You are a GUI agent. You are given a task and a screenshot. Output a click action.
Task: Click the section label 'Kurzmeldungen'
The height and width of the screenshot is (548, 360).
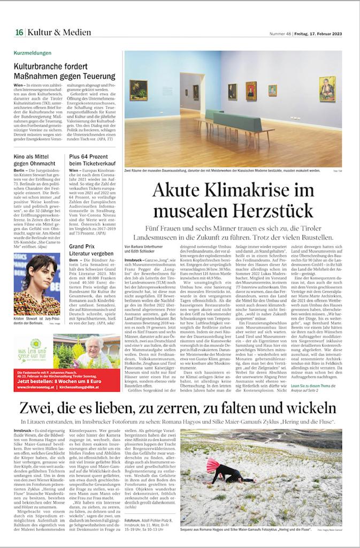click(x=33, y=53)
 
